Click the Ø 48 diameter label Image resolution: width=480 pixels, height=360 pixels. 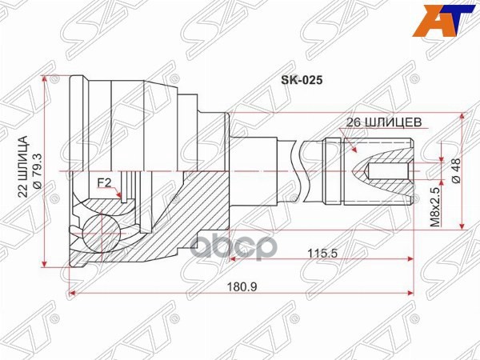(455, 172)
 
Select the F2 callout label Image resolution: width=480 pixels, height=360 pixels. (104, 183)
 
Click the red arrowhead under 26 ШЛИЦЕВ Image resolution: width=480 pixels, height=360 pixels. (353, 150)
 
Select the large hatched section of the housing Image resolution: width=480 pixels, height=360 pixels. (192, 216)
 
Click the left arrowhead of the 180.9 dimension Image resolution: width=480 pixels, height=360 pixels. (74, 293)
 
